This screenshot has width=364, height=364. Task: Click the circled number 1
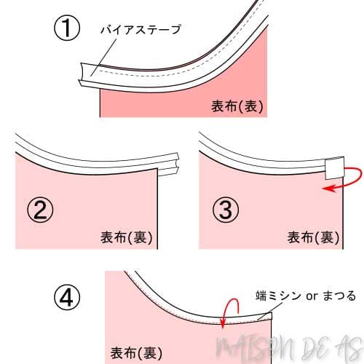[67, 31]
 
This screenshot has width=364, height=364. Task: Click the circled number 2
[41, 211]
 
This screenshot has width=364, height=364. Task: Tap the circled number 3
[226, 211]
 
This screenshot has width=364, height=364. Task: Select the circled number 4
[66, 298]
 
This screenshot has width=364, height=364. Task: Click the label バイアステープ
[140, 30]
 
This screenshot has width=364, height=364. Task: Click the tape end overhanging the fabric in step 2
[169, 163]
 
